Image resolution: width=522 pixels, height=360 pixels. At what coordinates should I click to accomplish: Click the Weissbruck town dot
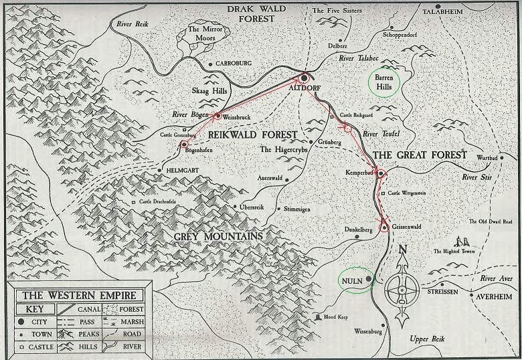click(x=217, y=116)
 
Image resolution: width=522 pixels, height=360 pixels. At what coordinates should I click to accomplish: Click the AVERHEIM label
click(x=495, y=295)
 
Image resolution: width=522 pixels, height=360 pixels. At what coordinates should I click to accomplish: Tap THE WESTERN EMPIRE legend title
click(x=79, y=295)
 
